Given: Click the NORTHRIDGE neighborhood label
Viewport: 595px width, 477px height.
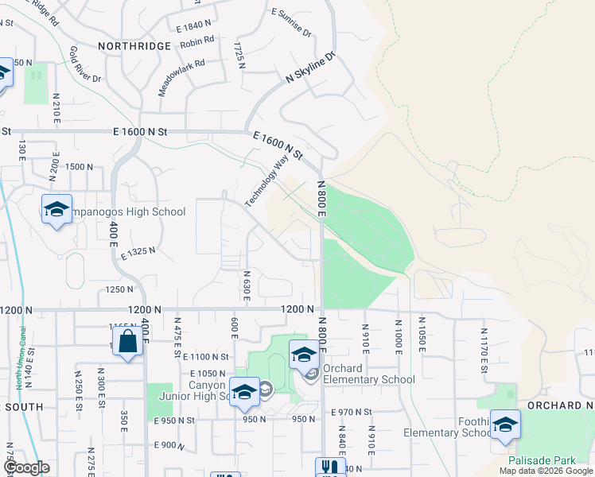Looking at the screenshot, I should coord(134,46).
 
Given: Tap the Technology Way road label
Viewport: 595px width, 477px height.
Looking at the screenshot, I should coord(266,181).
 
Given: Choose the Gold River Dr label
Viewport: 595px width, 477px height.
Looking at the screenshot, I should coord(85,64).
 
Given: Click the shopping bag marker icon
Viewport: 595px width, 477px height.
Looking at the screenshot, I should coord(127,343).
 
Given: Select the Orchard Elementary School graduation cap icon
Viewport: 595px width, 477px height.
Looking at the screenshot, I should coord(304,355).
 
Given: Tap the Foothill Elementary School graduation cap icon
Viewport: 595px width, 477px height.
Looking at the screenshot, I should coord(505,425).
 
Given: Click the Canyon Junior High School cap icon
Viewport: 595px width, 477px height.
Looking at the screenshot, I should coord(244,391).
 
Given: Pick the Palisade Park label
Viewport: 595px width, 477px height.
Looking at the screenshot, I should coord(544,460).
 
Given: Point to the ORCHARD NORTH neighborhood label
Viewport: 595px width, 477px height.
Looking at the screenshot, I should coord(560,405).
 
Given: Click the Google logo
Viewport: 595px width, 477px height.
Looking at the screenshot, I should coord(25,468).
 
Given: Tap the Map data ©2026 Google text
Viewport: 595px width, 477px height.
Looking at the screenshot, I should coord(546,471).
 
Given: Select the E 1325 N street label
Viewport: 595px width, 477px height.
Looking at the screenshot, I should coord(137,250).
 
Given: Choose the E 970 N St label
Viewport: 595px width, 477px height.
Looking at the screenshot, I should coord(352,412).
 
